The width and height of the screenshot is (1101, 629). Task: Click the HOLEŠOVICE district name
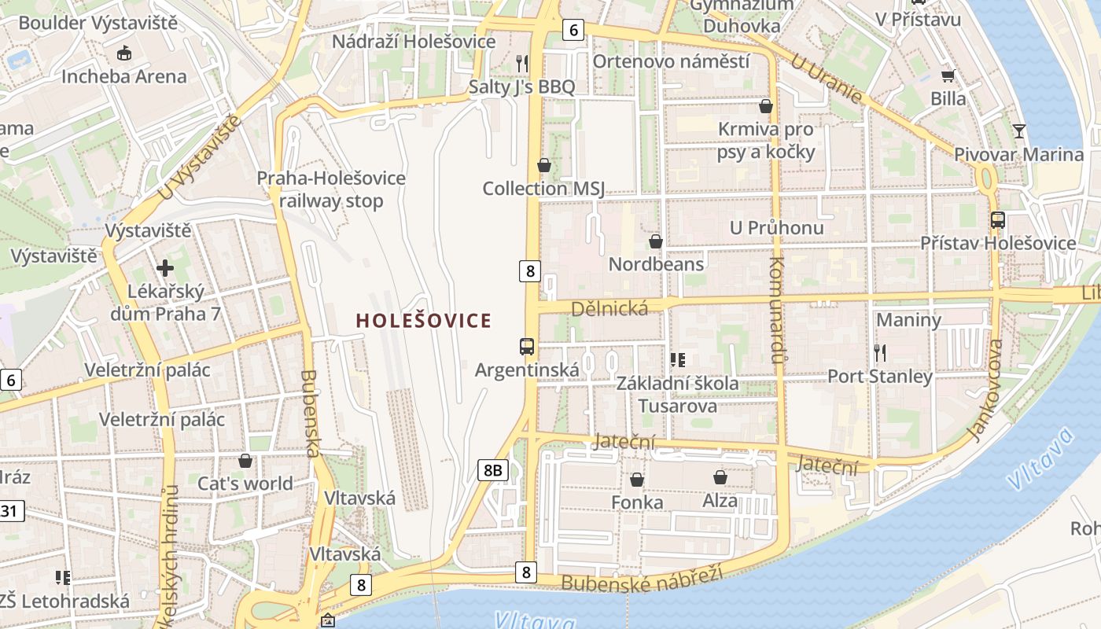pyautogui.click(x=424, y=321)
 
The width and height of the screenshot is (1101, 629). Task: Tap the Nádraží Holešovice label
pyautogui.click(x=414, y=42)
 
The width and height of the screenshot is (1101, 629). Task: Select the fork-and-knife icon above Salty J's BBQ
pyautogui.click(x=521, y=63)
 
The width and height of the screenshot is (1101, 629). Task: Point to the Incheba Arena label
pyautogui.click(x=124, y=76)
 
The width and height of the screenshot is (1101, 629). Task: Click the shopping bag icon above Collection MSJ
pyautogui.click(x=543, y=165)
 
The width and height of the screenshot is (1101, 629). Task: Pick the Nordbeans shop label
pyautogui.click(x=656, y=263)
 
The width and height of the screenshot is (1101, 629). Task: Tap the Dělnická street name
pyautogui.click(x=609, y=307)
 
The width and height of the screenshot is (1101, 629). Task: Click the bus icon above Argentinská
pyautogui.click(x=526, y=346)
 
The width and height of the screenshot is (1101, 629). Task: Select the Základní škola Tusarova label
pyautogui.click(x=677, y=395)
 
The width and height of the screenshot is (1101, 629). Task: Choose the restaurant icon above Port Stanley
pyautogui.click(x=879, y=352)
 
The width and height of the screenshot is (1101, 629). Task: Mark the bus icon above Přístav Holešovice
pyautogui.click(x=997, y=220)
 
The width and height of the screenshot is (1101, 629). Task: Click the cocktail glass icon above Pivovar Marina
pyautogui.click(x=1019, y=131)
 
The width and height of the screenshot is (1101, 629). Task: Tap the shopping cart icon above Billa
pyautogui.click(x=948, y=75)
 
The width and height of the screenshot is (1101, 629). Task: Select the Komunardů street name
pyautogui.click(x=777, y=311)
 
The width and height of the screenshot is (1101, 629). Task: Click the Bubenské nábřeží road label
pyautogui.click(x=641, y=579)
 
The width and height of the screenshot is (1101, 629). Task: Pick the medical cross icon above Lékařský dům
pyautogui.click(x=165, y=268)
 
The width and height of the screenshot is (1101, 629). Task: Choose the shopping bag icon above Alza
pyautogui.click(x=720, y=477)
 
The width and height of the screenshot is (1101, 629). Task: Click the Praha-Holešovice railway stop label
pyautogui.click(x=331, y=189)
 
